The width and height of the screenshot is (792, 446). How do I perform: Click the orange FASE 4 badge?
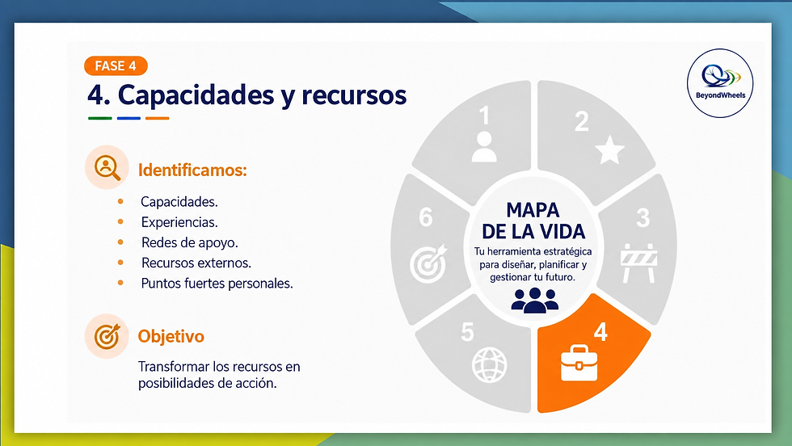tap(116, 65)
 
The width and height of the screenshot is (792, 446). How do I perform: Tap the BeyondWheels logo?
tap(720, 83)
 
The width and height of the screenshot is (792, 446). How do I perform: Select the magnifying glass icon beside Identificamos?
tap(107, 167)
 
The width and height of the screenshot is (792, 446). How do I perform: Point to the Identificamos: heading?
tap(192, 170)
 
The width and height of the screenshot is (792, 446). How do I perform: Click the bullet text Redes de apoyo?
tap(189, 242)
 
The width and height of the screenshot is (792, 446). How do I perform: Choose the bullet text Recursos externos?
tap(196, 263)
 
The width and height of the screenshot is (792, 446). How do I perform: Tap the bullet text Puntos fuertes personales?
tap(217, 284)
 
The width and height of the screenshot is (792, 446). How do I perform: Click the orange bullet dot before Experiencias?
tap(120, 221)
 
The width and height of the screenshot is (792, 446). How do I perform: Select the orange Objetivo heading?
tap(171, 336)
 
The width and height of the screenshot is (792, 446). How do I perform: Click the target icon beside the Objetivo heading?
tap(107, 336)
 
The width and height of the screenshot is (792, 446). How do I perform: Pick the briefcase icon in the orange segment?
tap(579, 363)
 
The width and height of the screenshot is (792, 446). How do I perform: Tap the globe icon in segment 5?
tap(489, 364)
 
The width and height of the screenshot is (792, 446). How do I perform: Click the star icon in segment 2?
tap(609, 150)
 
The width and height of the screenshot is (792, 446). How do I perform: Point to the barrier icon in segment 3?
tap(639, 263)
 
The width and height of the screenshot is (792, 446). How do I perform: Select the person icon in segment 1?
tap(484, 146)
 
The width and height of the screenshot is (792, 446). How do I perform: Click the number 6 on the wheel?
tap(426, 217)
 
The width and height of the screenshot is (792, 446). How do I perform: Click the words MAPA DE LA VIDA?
tap(533, 221)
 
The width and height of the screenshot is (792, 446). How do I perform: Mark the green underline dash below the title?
tap(100, 118)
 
